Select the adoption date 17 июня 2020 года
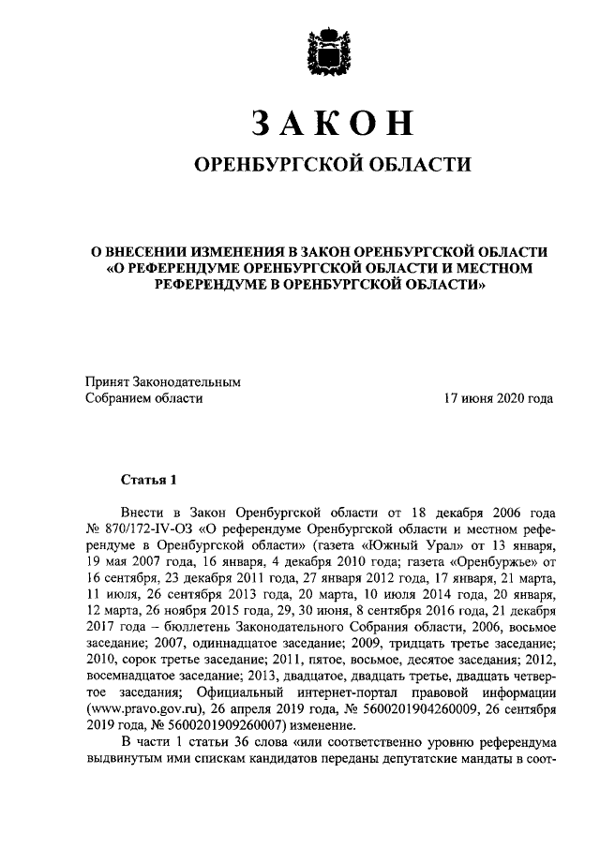pyautogui.click(x=499, y=398)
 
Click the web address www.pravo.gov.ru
pyautogui.click(x=133, y=708)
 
